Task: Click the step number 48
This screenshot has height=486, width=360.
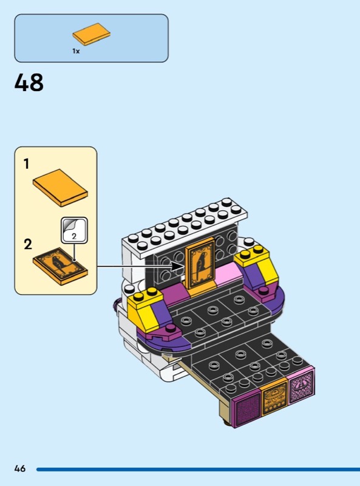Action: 29,83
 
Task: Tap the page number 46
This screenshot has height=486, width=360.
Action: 20,468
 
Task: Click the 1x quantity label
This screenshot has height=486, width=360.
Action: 76,51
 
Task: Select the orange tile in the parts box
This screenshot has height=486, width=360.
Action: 92,34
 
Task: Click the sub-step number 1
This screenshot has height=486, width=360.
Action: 27,164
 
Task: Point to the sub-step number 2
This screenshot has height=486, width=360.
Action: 28,244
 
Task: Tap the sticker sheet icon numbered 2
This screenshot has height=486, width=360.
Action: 74,230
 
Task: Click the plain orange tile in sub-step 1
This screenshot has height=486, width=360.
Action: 61,188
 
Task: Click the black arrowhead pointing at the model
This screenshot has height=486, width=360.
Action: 178,266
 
